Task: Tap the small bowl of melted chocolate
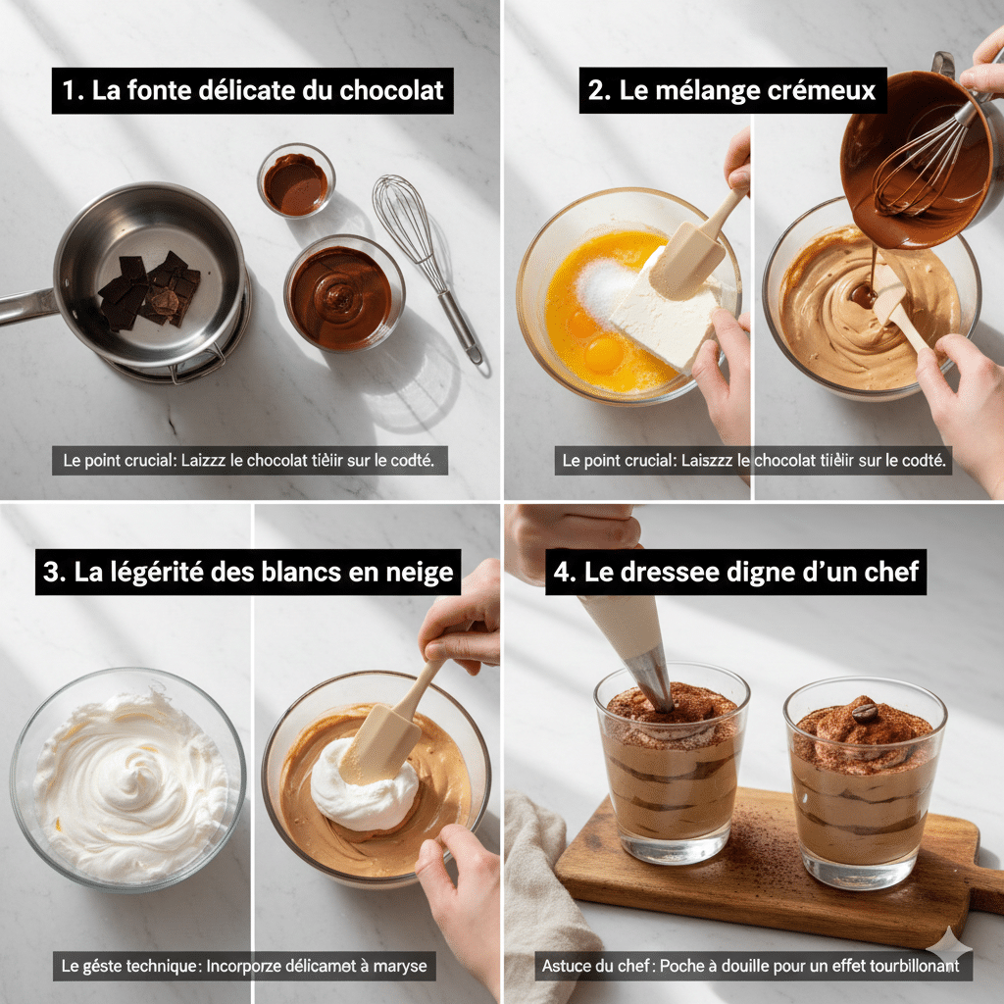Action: [295, 181]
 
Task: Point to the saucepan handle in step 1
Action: [25, 306]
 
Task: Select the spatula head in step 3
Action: [381, 742]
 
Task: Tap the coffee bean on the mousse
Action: [864, 713]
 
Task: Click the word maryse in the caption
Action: [399, 966]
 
